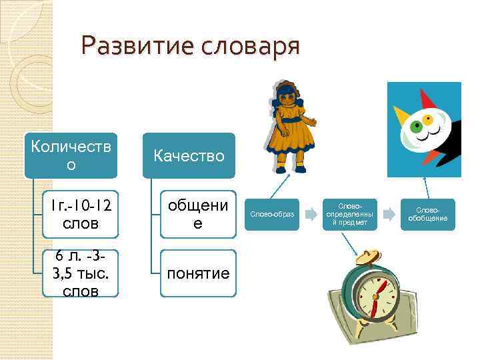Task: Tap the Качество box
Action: click(189, 155)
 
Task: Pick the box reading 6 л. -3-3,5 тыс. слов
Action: click(76, 273)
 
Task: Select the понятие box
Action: click(197, 273)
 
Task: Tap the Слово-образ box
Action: click(271, 214)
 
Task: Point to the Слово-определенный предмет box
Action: click(349, 214)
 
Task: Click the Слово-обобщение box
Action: click(427, 214)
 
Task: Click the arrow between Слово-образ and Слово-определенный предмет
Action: click(310, 215)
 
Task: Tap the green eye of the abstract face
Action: click(417, 126)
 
